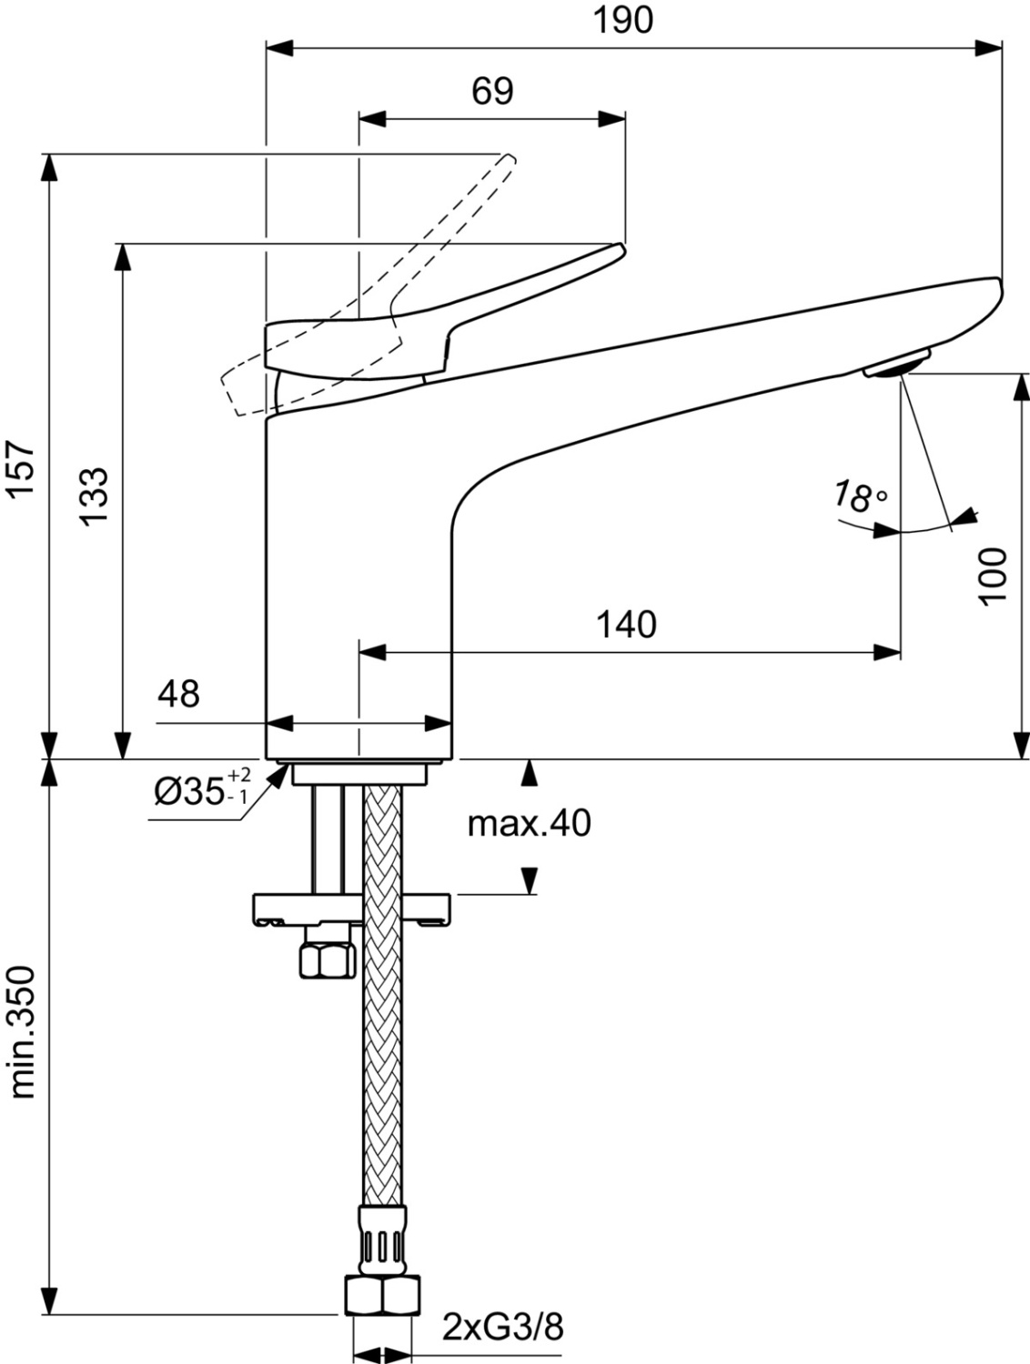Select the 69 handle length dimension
(x=492, y=91)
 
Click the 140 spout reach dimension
(x=626, y=625)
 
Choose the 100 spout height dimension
(x=993, y=575)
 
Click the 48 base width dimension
(x=178, y=695)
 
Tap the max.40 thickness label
(x=529, y=824)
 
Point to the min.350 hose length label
(x=21, y=1032)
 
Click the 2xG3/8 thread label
(x=503, y=1328)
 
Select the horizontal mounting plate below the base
(x=352, y=908)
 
